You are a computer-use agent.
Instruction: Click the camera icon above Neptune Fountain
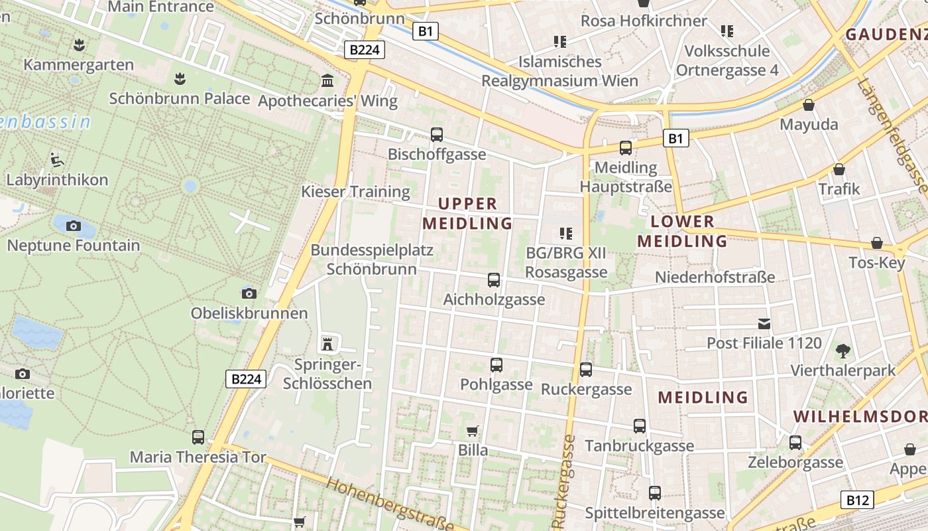point(74,226)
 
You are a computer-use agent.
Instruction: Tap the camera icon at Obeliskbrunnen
point(249,293)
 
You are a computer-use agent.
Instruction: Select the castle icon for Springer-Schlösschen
point(326,344)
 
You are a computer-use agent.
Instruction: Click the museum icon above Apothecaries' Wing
point(327,81)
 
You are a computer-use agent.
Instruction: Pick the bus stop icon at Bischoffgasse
point(437,135)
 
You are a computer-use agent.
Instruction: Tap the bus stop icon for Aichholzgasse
point(494,280)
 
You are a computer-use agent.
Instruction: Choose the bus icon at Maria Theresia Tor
point(198,437)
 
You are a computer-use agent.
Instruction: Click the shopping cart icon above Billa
point(473,431)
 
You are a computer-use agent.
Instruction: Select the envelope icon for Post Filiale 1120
point(764,324)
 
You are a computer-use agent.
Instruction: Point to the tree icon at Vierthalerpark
point(843,350)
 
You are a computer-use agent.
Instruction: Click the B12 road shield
point(857,500)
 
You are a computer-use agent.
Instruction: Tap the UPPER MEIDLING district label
point(467,213)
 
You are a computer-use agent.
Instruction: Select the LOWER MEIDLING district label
point(683,231)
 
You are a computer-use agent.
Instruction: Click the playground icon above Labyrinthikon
point(57,159)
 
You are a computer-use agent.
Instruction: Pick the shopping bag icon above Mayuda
point(809,105)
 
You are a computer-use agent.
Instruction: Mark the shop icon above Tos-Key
point(877,243)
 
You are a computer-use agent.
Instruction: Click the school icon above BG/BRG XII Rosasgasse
point(565,233)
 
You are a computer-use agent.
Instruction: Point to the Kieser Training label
point(356,192)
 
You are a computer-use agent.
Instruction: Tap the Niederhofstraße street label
point(715,277)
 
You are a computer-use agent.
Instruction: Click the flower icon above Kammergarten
point(79,45)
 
